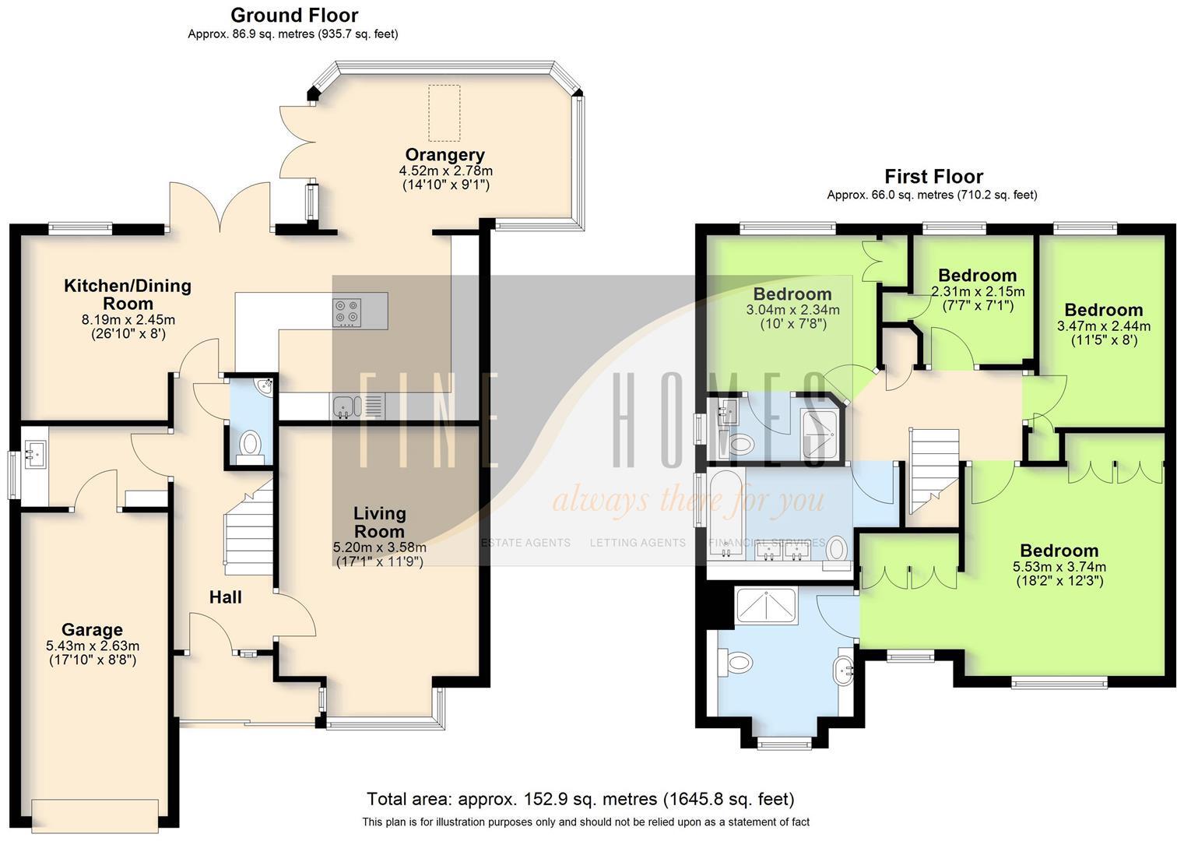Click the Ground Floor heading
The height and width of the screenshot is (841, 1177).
point(294,15)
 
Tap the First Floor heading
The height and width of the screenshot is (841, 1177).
point(933,176)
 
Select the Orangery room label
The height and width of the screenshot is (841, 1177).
point(444,155)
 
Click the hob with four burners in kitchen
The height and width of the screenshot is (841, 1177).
point(347,312)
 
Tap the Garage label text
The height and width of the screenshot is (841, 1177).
point(92,629)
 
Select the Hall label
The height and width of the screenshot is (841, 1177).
point(225,597)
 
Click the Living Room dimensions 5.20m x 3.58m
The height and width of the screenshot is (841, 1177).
point(379,547)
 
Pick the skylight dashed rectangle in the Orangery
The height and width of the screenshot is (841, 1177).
point(444,114)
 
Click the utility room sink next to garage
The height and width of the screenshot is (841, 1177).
point(34,450)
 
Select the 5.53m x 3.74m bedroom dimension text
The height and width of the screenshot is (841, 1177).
point(1059,567)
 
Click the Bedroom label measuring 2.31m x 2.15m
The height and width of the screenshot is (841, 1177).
point(977,276)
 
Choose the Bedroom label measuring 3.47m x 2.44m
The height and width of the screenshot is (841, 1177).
point(1103,310)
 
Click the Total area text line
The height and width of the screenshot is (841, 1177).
point(580,799)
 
